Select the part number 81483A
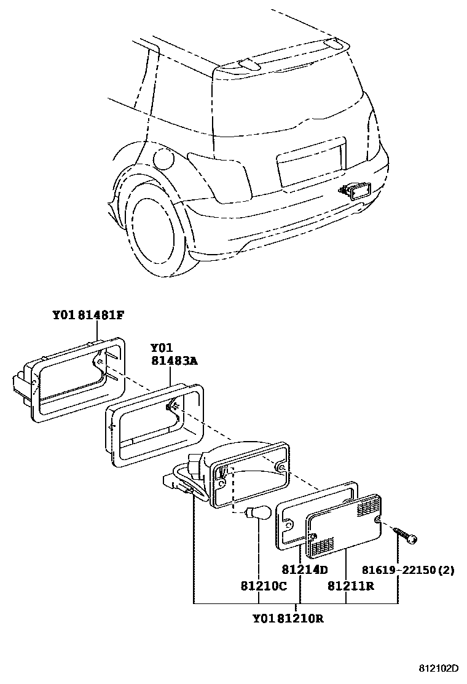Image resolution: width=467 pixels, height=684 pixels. point(175,362)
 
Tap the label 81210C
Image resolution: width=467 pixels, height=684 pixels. point(264,586)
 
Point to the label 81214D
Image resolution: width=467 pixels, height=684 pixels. point(305,570)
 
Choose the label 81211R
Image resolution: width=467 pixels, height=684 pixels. point(351,586)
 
